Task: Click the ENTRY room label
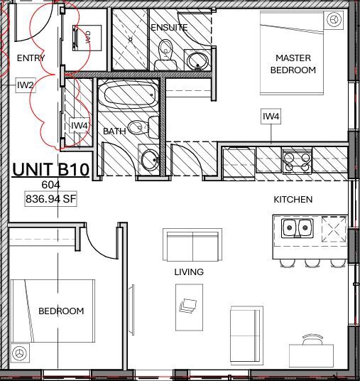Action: tap(30, 58)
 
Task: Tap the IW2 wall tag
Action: tap(25, 85)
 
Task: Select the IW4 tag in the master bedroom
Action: tap(271, 116)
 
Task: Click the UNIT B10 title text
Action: tap(50, 170)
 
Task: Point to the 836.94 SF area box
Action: tap(50, 199)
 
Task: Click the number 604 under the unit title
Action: tap(50, 184)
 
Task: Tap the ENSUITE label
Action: tap(169, 27)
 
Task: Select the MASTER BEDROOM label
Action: tap(295, 64)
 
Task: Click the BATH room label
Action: tap(114, 132)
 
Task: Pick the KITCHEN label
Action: tap(293, 200)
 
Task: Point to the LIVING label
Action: tap(189, 272)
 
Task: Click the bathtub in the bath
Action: tap(129, 94)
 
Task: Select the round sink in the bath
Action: tap(150, 160)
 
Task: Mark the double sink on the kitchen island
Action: tap(298, 228)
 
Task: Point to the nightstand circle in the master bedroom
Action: tap(331, 21)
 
